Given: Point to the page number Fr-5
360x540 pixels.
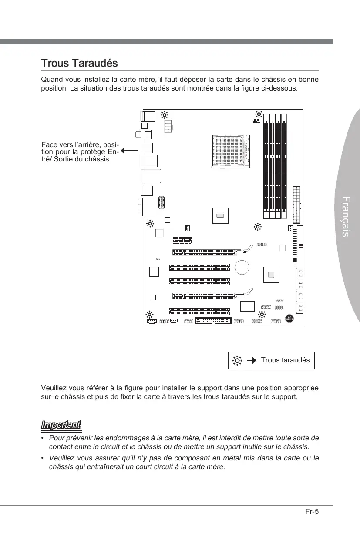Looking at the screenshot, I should click(x=312, y=511).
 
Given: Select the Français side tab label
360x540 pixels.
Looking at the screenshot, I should click(x=345, y=217).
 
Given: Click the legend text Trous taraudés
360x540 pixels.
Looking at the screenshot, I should click(x=285, y=360).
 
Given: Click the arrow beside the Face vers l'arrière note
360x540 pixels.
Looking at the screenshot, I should click(x=128, y=151).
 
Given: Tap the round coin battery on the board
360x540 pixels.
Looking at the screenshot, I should click(x=242, y=267).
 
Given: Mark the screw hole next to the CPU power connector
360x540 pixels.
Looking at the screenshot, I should click(x=165, y=115).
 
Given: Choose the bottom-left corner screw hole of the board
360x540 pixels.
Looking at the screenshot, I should click(x=150, y=314).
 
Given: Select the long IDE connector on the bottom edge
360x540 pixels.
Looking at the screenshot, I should click(x=213, y=321).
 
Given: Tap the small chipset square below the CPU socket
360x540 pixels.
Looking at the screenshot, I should click(x=221, y=215).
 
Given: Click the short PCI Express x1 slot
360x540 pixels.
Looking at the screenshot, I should click(x=183, y=239).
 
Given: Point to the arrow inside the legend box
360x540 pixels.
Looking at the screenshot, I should click(x=251, y=360).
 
